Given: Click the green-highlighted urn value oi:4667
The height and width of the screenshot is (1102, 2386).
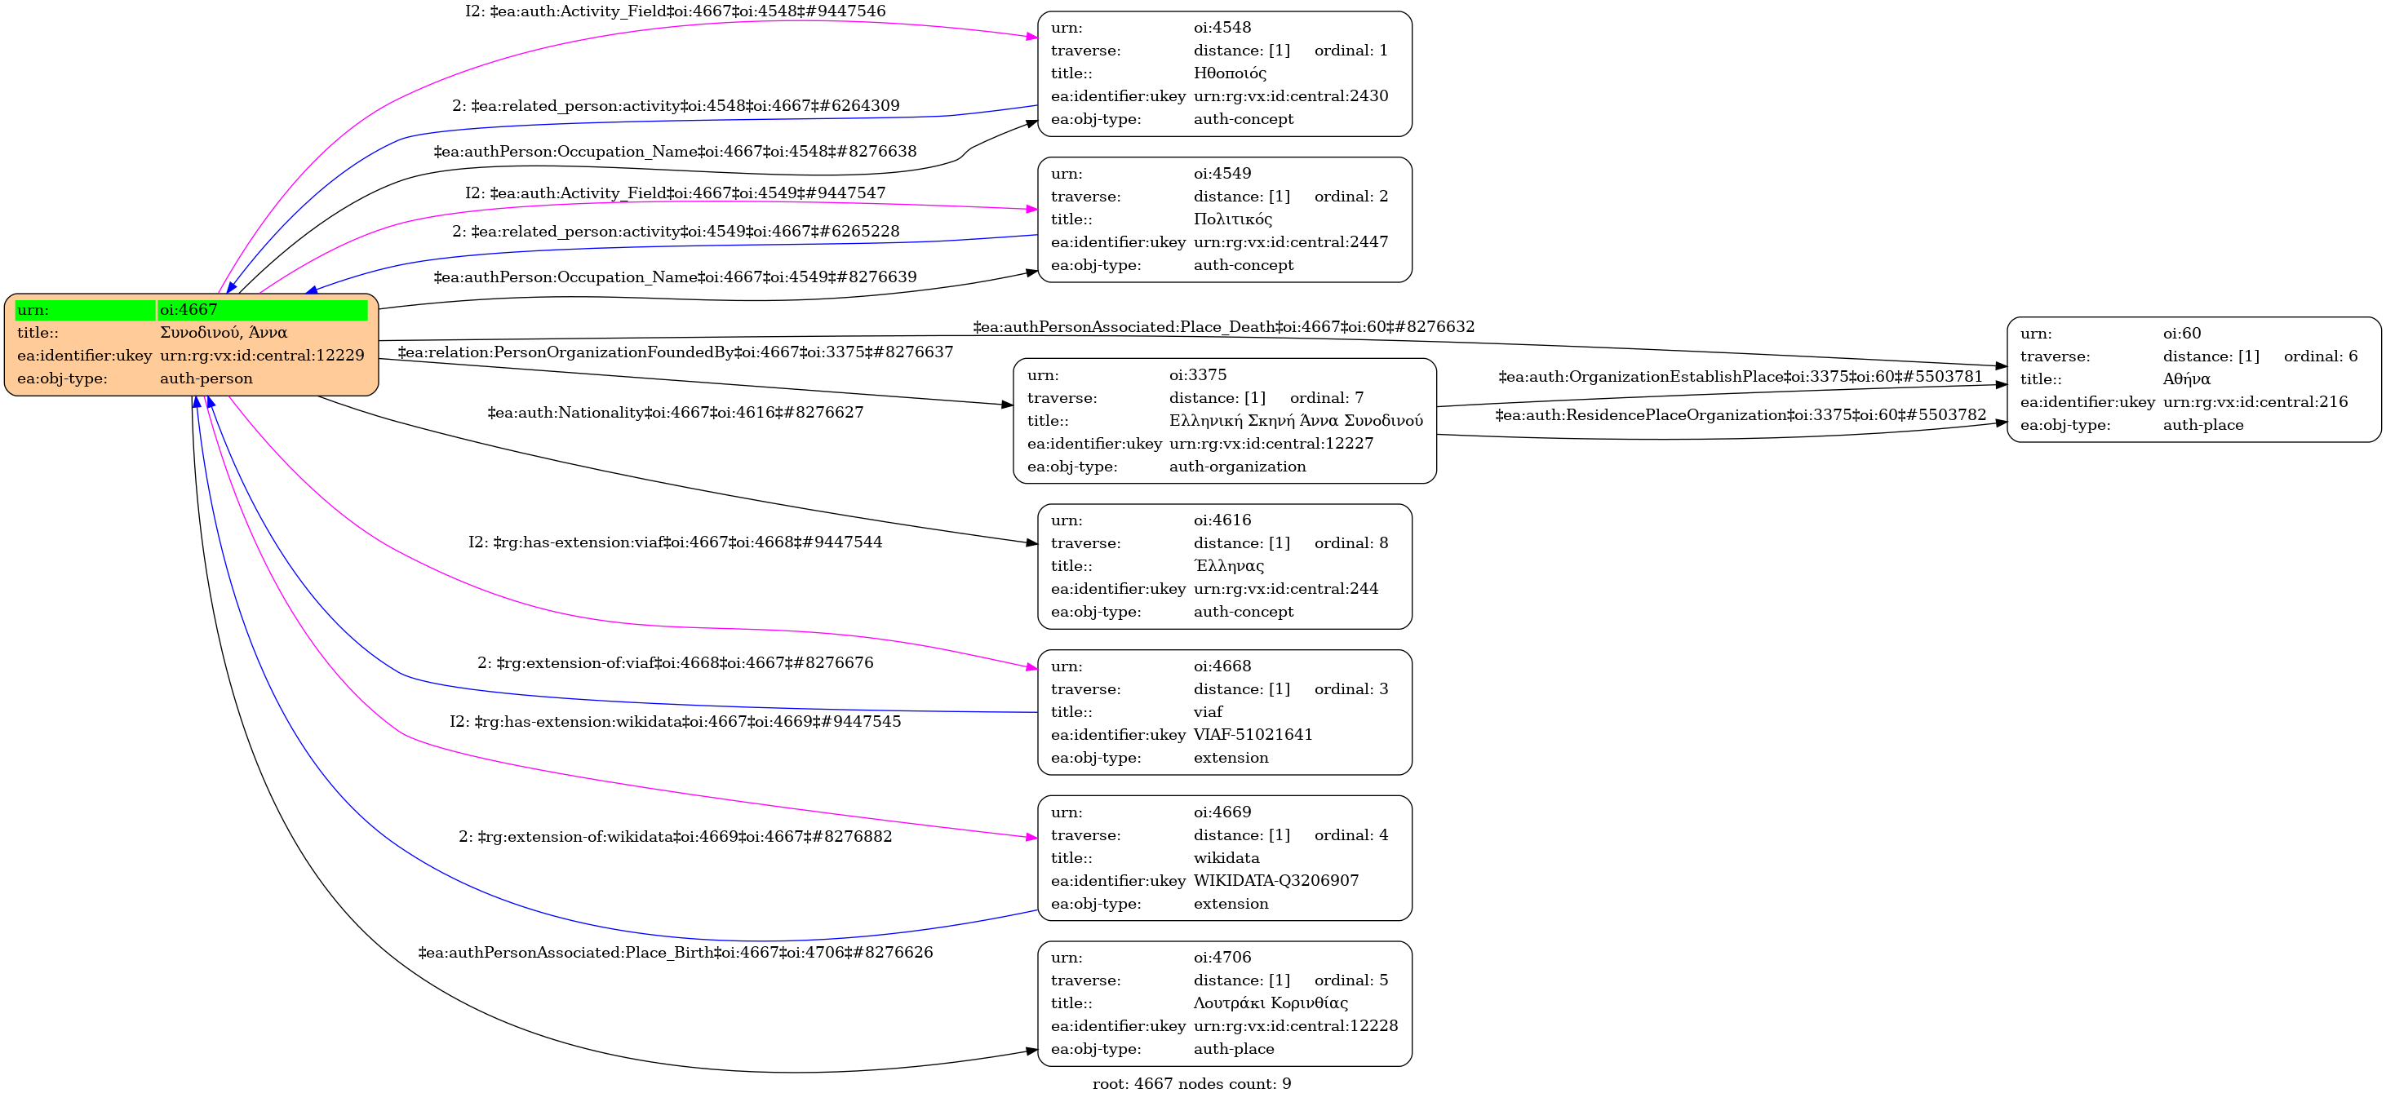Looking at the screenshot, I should pyautogui.click(x=189, y=310).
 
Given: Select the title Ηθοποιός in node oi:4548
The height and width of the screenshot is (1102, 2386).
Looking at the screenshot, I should pyautogui.click(x=1229, y=73).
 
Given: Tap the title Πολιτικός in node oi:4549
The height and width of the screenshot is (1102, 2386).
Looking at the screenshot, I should pyautogui.click(x=1232, y=219).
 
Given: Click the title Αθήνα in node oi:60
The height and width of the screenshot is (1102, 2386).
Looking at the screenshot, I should pyautogui.click(x=2186, y=378).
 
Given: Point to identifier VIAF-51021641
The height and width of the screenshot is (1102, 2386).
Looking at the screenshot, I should pyautogui.click(x=1253, y=734).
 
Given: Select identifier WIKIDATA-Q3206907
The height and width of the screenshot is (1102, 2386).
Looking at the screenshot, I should pyautogui.click(x=1275, y=881).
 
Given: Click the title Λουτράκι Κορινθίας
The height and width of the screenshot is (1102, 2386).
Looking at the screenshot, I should pyautogui.click(x=1270, y=1003).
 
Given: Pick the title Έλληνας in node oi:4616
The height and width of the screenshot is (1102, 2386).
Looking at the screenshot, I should pyautogui.click(x=1228, y=566).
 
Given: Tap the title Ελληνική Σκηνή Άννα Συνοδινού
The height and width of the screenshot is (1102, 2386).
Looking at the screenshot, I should pyautogui.click(x=1296, y=420).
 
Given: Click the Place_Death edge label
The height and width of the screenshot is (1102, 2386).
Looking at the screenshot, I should pyautogui.click(x=1223, y=327).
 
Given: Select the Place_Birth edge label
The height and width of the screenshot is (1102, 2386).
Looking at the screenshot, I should pyautogui.click(x=675, y=952).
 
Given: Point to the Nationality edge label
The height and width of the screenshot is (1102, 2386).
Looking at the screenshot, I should pyautogui.click(x=675, y=412).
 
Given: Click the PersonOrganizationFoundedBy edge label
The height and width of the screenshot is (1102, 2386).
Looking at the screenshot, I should pyautogui.click(x=675, y=352).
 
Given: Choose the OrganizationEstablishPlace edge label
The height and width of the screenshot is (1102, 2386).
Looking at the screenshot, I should pyautogui.click(x=1741, y=377).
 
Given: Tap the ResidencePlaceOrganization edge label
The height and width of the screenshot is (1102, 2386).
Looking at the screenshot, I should pyautogui.click(x=1741, y=415).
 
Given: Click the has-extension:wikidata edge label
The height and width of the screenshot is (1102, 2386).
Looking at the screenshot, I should pyautogui.click(x=675, y=721).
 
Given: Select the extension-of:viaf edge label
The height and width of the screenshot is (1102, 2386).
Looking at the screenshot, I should pyautogui.click(x=675, y=663).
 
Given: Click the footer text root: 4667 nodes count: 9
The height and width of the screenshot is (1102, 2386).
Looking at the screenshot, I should pyautogui.click(x=1191, y=1083).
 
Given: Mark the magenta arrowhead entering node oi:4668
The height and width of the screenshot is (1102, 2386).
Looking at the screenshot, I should pyautogui.click(x=1031, y=666).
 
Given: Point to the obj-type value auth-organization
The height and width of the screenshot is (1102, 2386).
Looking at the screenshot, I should pyautogui.click(x=1237, y=467).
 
